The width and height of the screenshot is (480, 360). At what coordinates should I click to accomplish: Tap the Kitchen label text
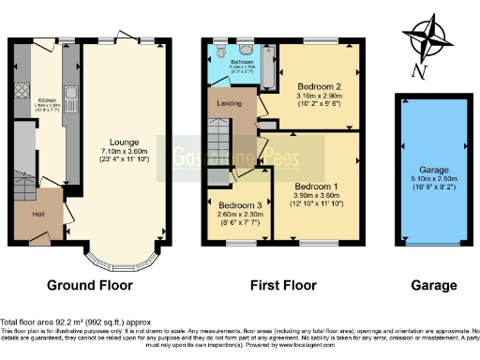pyautogui.click(x=46, y=99)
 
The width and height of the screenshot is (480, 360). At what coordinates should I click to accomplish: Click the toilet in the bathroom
pyautogui.click(x=218, y=52)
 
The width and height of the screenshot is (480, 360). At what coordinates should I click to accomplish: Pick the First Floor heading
pyautogui.click(x=282, y=285)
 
